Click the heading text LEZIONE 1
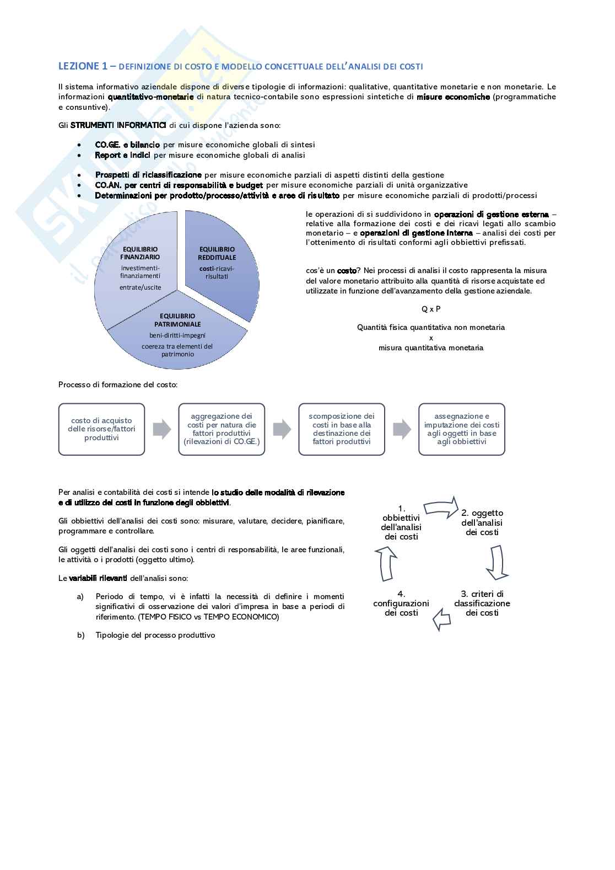click(83, 66)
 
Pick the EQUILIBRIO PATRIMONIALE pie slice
click(177, 337)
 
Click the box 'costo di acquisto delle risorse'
click(101, 429)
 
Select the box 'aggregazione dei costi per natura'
click(222, 429)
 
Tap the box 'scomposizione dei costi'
click(342, 429)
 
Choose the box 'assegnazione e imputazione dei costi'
click(462, 429)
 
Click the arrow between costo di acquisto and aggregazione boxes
click(161, 429)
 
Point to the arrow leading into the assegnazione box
click(402, 429)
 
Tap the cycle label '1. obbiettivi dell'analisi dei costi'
click(401, 522)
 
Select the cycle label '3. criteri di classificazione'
click(482, 603)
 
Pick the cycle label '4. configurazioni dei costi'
click(401, 603)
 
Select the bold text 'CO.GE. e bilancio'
click(127, 145)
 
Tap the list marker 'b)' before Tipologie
click(81, 635)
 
